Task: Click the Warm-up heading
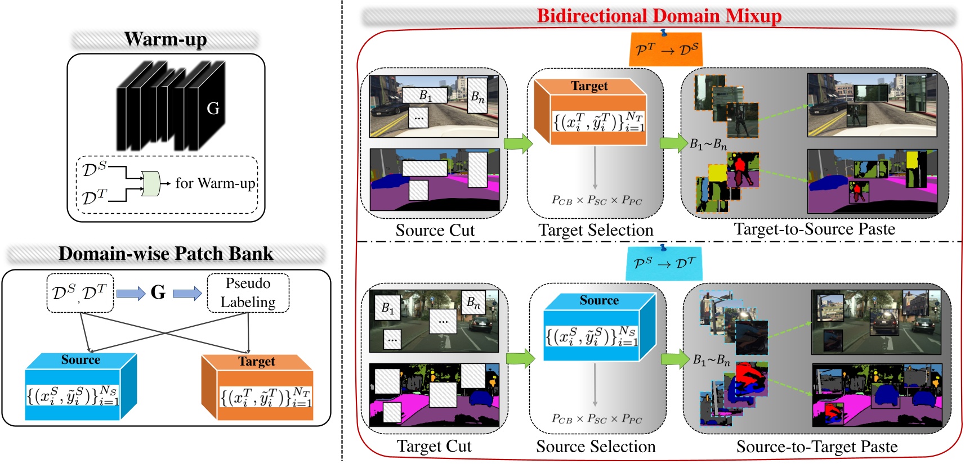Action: (166, 39)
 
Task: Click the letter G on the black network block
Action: (213, 108)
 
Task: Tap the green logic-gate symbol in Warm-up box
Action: (151, 183)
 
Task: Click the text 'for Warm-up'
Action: (215, 183)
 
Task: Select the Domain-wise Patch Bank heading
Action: (166, 254)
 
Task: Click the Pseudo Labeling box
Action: (248, 292)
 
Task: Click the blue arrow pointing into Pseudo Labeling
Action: (187, 293)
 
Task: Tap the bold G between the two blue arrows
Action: (158, 292)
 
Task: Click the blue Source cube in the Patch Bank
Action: (81, 387)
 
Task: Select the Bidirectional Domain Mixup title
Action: (659, 16)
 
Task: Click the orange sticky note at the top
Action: (665, 49)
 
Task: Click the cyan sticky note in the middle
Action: (664, 263)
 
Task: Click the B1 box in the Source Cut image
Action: (425, 96)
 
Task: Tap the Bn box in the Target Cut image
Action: (473, 303)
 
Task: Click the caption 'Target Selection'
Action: (596, 230)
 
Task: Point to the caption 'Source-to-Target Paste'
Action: (816, 447)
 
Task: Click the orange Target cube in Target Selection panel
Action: (590, 112)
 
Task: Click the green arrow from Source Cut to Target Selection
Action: (518, 143)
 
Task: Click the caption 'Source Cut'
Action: (435, 230)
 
